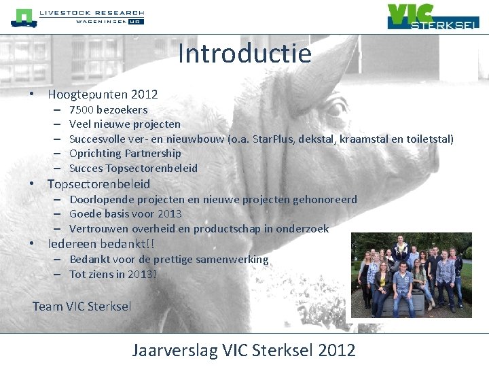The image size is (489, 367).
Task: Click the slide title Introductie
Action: click(244, 54)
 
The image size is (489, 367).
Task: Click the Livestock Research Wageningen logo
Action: click(77, 17)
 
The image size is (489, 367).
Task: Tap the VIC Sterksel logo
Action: click(433, 16)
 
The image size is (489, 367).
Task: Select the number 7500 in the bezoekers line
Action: click(81, 109)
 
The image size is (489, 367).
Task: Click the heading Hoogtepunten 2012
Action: click(103, 94)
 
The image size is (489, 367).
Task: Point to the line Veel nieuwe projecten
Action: click(125, 124)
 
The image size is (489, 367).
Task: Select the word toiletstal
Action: click(429, 139)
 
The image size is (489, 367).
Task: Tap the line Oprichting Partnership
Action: click(125, 154)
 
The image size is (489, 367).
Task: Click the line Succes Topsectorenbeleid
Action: click(133, 168)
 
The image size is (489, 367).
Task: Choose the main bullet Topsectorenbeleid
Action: click(98, 184)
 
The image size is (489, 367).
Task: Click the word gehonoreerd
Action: click(325, 199)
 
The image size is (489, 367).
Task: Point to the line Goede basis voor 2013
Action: click(126, 214)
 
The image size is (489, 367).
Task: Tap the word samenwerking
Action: click(232, 259)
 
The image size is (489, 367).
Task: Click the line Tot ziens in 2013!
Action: click(113, 274)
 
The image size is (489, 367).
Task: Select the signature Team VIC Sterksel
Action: click(82, 307)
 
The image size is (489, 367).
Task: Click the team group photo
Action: click(411, 275)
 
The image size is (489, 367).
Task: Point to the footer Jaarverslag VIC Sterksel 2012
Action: click(244, 350)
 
